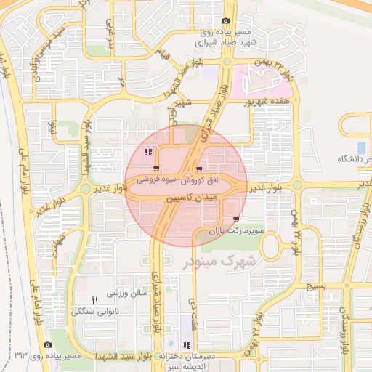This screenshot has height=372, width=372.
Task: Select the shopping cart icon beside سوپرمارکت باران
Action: pyautogui.click(x=236, y=219)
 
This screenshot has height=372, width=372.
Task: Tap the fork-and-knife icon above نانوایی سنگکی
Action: pyautogui.click(x=94, y=300)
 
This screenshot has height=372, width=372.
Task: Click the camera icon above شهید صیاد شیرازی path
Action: pyautogui.click(x=225, y=21)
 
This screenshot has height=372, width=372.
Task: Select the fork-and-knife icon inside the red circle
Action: pyautogui.click(x=148, y=153)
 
